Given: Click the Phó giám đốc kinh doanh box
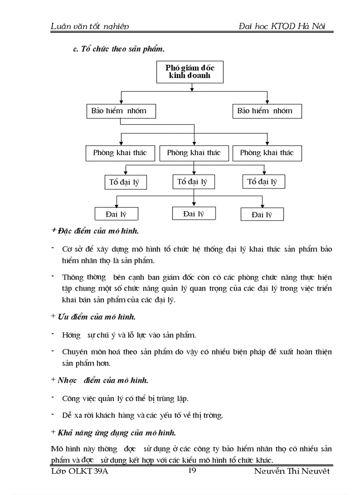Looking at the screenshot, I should click(188, 72).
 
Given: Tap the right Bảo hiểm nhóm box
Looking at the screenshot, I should click(267, 111).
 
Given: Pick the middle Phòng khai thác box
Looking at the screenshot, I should click(194, 153).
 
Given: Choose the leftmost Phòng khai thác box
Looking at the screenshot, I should click(120, 153).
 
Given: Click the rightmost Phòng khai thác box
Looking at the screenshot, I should click(266, 153).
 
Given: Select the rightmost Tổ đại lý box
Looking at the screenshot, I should click(263, 182).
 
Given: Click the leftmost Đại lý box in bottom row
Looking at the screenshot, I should click(116, 214).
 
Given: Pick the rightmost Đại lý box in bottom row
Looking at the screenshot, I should click(262, 215).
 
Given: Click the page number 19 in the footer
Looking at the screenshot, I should click(192, 471).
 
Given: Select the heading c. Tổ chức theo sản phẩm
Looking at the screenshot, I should click(119, 49).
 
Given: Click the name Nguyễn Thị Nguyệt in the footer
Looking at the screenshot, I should click(292, 471).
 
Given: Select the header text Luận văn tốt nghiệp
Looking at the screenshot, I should click(90, 26).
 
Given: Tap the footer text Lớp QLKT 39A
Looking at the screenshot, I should click(80, 471).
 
